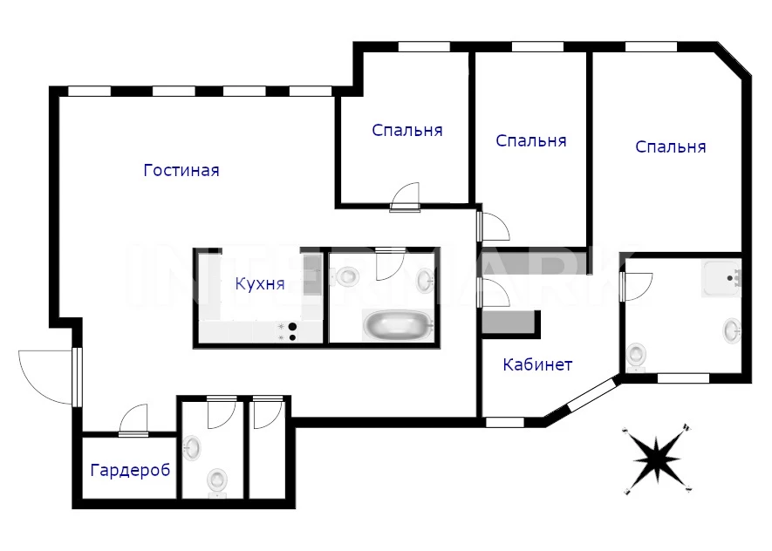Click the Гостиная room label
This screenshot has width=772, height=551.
[x=181, y=170]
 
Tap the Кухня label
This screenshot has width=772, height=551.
[x=260, y=284]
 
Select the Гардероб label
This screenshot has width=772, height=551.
[x=130, y=470]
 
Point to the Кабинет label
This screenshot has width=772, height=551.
[x=537, y=364]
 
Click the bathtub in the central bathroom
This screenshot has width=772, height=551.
[x=399, y=324]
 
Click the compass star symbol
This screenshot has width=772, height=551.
[x=657, y=459]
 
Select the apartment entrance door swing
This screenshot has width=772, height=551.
[x=48, y=378]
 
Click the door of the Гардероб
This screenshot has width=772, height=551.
[x=133, y=419]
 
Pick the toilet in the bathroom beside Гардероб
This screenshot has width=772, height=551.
[x=217, y=480]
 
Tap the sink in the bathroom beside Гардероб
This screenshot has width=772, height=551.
[x=192, y=448]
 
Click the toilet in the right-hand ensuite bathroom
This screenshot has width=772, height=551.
[x=636, y=356]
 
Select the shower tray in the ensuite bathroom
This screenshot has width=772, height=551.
[x=721, y=277]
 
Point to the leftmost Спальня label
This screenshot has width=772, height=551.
[x=407, y=131]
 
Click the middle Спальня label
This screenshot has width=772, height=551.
[x=530, y=140]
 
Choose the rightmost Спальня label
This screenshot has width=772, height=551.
[x=671, y=146]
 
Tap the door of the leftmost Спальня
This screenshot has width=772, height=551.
[x=406, y=197]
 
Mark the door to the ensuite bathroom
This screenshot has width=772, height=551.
[x=636, y=286]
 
